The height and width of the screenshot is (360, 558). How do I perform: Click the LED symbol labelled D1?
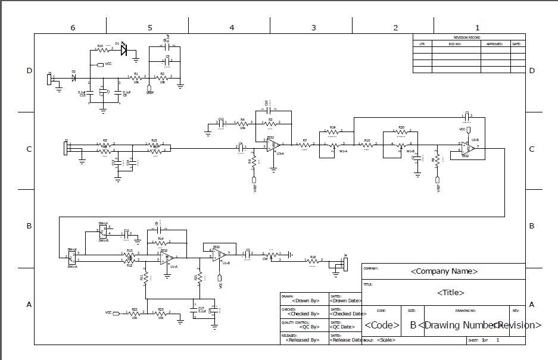124,50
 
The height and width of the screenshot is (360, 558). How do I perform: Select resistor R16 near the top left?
101,51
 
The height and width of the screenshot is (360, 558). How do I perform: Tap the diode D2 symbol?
74,77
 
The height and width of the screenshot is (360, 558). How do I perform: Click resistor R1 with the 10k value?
136,77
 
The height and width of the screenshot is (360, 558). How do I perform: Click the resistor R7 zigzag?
304,145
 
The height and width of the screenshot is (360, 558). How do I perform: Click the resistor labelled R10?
367,145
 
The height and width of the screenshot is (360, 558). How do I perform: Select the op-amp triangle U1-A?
168,258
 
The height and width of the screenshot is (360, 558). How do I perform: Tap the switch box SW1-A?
72,256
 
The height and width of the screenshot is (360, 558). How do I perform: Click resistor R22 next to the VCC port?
135,313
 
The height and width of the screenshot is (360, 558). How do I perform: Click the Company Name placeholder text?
444,271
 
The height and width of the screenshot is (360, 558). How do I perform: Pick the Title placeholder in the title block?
451,293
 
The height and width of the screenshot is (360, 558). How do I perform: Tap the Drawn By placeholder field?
303,300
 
